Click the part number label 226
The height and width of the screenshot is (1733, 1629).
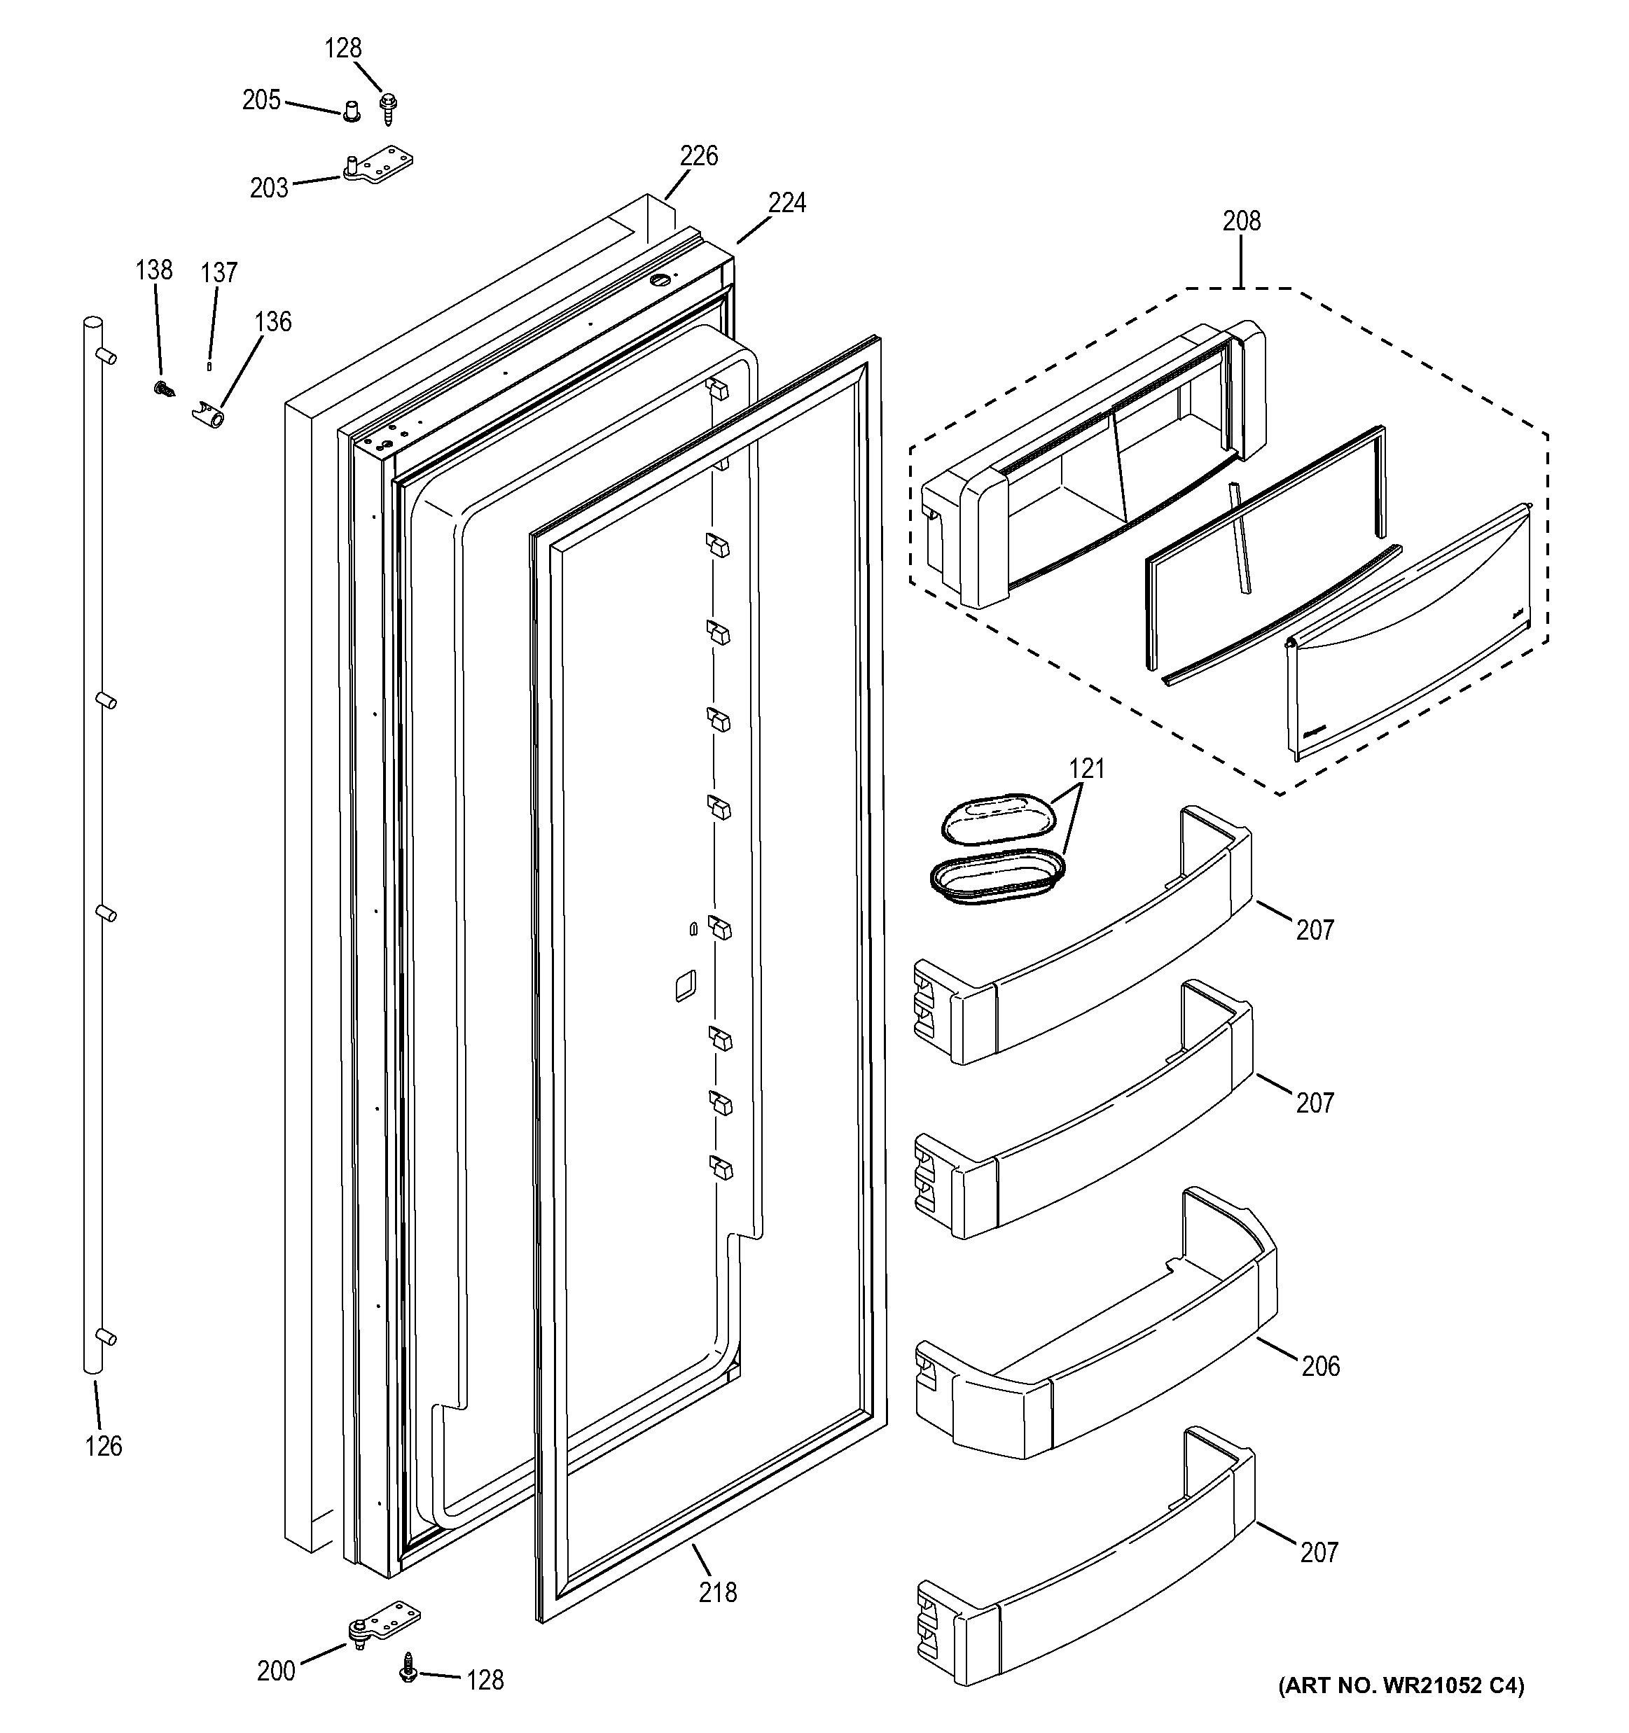point(698,156)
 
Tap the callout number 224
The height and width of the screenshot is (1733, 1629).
point(786,203)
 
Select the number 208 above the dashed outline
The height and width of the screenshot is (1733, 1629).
point(1241,221)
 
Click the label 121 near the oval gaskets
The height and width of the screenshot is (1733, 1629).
point(1086,769)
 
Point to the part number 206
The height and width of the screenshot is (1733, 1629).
point(1320,1366)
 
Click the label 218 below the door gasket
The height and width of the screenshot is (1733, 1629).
point(718,1593)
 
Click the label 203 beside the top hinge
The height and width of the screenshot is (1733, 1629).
point(269,188)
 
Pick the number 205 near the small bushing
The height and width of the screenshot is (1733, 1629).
point(261,101)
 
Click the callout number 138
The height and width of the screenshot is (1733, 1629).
point(153,270)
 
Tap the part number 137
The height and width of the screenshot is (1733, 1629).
point(219,274)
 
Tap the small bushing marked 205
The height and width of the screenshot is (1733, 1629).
point(352,111)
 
